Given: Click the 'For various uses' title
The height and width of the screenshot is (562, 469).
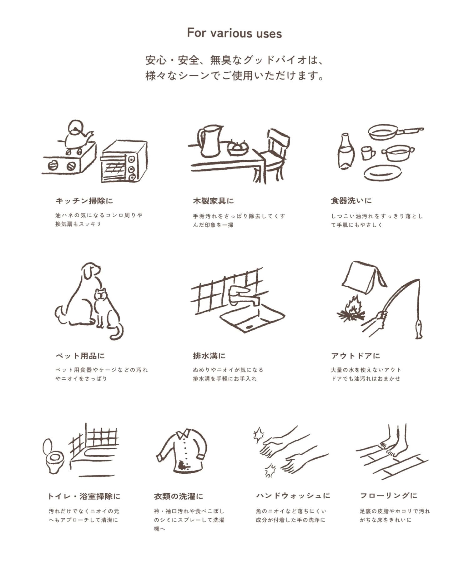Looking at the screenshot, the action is click(234, 33).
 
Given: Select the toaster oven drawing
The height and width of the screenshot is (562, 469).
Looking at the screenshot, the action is click(124, 162).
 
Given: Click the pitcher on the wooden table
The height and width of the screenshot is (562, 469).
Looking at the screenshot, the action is click(209, 140).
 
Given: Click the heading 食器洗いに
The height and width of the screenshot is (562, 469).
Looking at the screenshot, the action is click(351, 201).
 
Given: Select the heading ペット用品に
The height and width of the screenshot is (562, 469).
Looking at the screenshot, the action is click(80, 356).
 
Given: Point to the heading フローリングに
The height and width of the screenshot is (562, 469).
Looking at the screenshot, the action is click(389, 495).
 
